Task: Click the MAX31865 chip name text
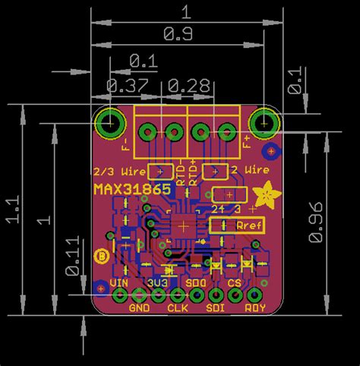coord(132,189)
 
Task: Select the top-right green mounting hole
coord(265,121)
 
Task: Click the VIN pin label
coord(119,283)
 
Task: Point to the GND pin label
coord(139,308)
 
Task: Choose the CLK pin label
coord(177,308)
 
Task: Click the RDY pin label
coord(255,308)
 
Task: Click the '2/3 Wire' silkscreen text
coord(117,171)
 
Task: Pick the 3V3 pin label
coord(158,283)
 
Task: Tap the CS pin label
coord(235,283)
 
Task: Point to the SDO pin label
coord(196,283)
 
